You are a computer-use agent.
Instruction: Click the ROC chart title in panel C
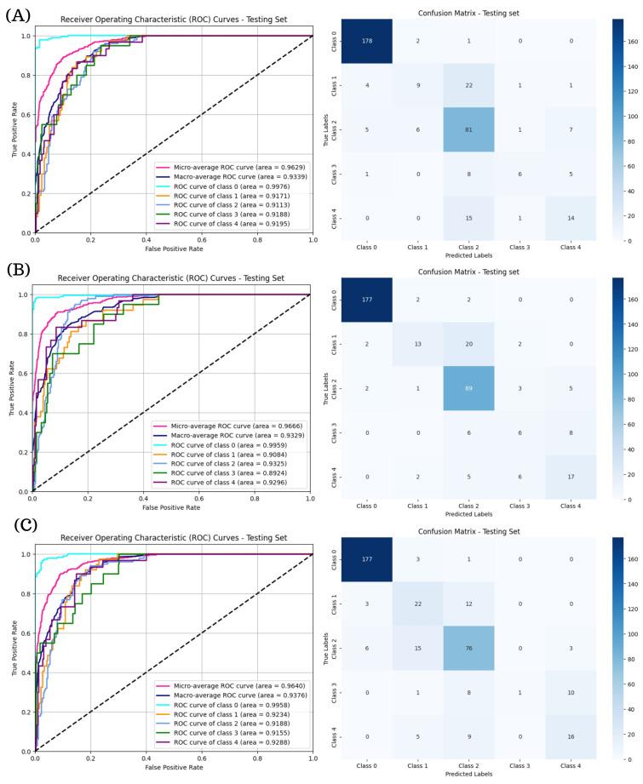(173, 538)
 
